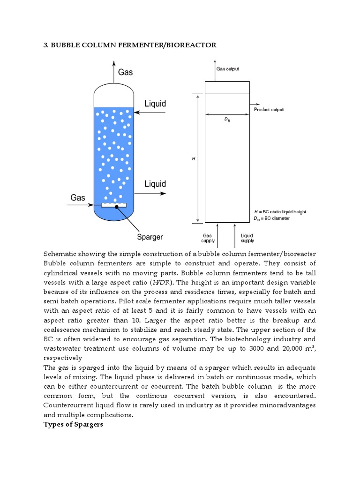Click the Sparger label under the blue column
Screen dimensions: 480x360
pyautogui.click(x=150, y=237)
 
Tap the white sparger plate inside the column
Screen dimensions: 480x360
pyautogui.click(x=113, y=204)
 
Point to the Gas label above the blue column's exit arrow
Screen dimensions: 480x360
pyautogui.click(x=125, y=72)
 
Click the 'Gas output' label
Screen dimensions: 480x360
pyautogui.click(x=228, y=69)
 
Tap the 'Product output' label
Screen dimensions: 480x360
pyautogui.click(x=269, y=110)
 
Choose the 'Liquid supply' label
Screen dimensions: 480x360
pyautogui.click(x=247, y=238)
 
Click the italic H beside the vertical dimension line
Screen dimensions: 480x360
pyautogui.click(x=193, y=159)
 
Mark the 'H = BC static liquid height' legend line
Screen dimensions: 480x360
pyautogui.click(x=280, y=212)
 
